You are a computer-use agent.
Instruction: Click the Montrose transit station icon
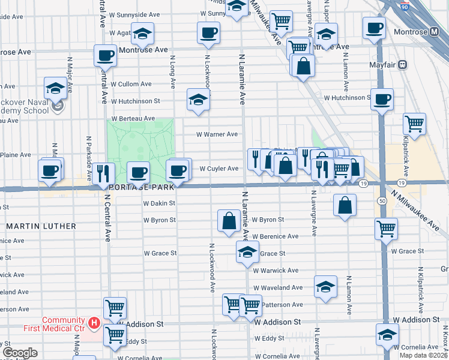coord(434,32)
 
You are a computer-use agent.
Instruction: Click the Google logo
coord(20,353)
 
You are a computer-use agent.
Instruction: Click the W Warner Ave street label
coord(217,134)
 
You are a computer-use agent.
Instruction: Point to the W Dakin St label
coord(159,203)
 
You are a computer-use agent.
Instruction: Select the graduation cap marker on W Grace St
coord(246,253)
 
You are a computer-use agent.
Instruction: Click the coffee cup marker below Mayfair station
coord(382,100)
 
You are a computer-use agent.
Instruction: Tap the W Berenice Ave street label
coord(274,236)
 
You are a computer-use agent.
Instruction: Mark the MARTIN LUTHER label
coord(41,226)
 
